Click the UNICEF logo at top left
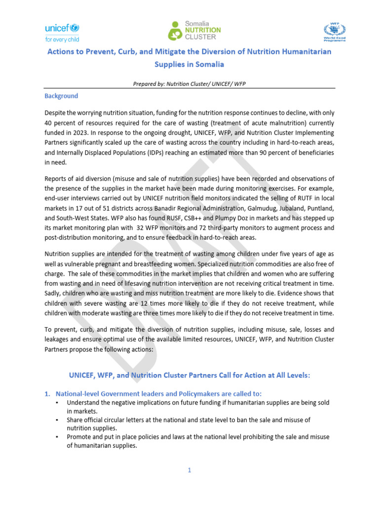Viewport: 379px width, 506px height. point(62,32)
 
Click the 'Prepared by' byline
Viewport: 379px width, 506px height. point(189,84)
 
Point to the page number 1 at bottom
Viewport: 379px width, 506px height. point(189,470)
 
